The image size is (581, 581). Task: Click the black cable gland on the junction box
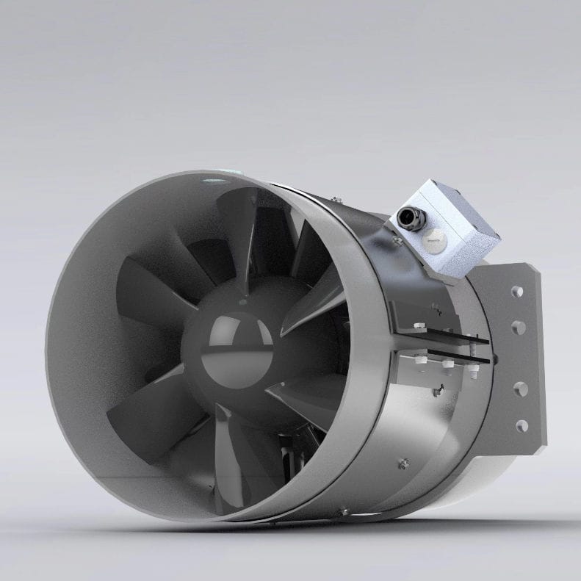(406, 217)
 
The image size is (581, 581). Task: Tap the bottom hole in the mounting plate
(521, 425)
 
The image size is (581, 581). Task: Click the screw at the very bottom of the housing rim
(342, 510)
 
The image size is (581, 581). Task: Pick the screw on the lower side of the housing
(402, 463)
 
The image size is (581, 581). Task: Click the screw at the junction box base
(397, 239)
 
